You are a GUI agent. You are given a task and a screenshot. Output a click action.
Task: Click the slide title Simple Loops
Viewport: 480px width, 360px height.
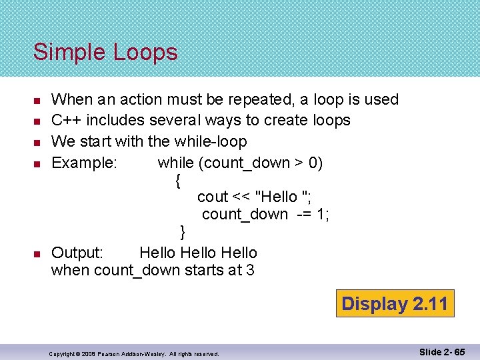point(105,52)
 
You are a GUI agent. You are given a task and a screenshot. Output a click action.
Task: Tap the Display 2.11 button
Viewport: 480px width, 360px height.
point(395,304)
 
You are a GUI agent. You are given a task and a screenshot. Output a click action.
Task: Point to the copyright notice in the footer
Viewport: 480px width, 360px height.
point(134,353)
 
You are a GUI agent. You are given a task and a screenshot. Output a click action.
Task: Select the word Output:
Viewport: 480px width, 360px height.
point(77,253)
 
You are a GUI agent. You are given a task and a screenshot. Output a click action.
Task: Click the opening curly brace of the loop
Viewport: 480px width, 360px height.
point(177,180)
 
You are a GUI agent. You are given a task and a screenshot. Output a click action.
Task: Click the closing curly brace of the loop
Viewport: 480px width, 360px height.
point(183,232)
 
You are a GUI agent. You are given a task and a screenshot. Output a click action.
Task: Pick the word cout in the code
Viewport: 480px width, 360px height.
point(213,197)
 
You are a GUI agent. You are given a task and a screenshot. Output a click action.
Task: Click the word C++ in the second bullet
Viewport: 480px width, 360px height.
point(65,120)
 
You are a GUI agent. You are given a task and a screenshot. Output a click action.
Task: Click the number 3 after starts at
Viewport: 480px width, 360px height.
point(250,271)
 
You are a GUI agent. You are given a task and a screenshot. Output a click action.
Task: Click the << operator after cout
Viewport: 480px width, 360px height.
point(240,197)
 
